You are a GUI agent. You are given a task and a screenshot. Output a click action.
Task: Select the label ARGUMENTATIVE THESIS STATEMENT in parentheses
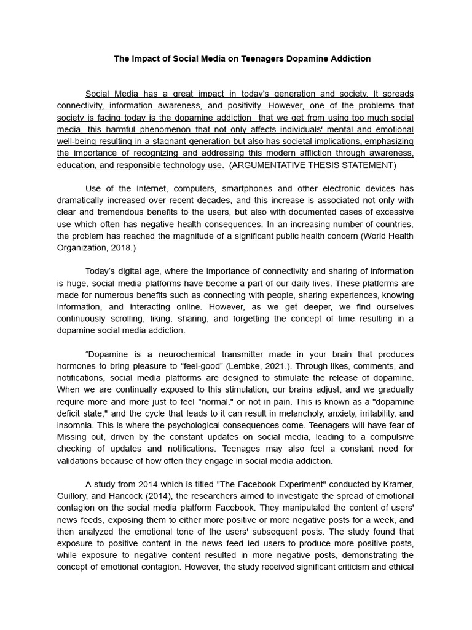312,165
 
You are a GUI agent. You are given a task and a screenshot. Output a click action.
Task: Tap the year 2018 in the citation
122,248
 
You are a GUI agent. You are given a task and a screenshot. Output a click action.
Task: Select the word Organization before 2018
81,248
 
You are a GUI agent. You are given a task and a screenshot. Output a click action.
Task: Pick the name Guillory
76,496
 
